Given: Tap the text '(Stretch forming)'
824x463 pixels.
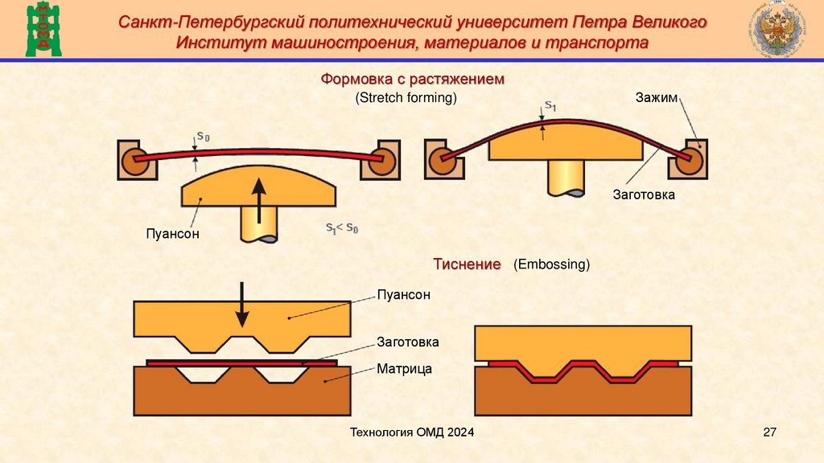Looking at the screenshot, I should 406,98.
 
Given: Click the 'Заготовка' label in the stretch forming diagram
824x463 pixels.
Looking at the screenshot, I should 642,195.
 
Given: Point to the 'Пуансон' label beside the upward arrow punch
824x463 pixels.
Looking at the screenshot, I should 171,235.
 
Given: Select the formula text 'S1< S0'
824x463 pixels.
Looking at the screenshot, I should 342,229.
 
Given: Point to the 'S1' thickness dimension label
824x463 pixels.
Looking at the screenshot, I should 550,105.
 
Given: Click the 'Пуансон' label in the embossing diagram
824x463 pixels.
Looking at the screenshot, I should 403,295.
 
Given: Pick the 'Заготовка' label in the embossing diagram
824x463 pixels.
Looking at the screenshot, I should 408,342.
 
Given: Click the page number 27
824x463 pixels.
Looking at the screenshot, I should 768,433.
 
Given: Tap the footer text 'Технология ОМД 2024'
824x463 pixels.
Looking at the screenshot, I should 411,433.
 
